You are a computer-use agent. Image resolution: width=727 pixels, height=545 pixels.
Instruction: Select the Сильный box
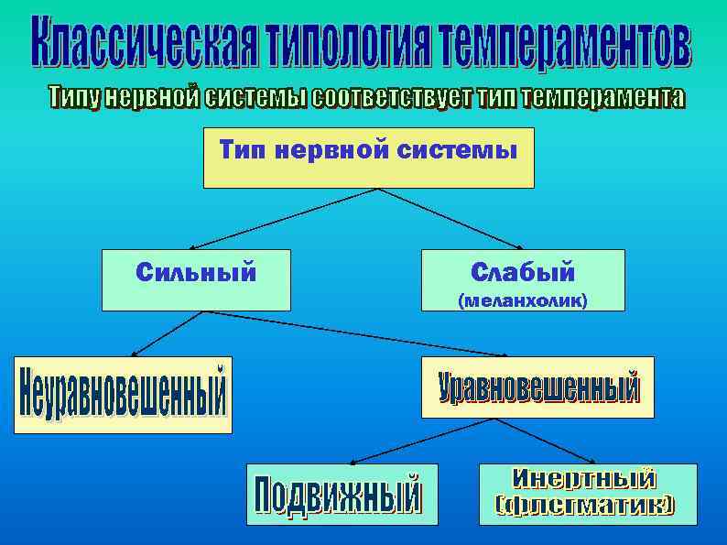[x=196, y=279]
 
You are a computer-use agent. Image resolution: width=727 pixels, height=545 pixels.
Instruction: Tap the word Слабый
[x=524, y=271]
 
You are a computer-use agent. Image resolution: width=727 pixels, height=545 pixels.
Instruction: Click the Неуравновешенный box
[x=123, y=394]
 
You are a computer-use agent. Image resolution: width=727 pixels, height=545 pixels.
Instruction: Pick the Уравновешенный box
[x=537, y=387]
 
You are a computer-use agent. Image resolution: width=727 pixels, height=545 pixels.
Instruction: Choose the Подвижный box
[x=342, y=494]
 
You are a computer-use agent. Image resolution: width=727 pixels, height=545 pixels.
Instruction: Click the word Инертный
[x=586, y=478]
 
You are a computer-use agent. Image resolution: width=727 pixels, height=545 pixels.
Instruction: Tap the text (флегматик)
[x=586, y=505]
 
